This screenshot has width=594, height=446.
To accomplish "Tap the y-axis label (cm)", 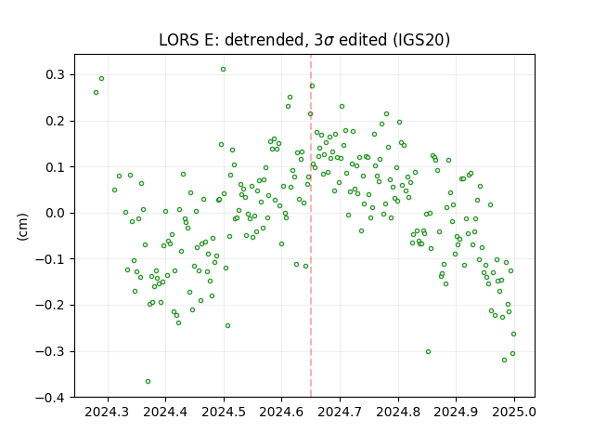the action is [x=22, y=227].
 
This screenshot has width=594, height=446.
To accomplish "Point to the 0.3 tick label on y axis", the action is [x=56, y=74].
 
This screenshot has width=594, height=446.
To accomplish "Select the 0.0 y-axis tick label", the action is [x=56, y=213].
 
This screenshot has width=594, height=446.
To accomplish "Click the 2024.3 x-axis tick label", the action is [x=107, y=412].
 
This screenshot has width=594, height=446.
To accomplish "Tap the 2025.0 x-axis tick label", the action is [x=514, y=412].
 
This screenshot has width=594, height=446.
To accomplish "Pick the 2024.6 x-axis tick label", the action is [x=281, y=412].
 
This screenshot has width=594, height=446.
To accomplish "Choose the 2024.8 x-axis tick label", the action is [x=398, y=412].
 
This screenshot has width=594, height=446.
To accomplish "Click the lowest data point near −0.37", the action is [x=148, y=382].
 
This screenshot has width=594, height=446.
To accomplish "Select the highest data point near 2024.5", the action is [x=223, y=70].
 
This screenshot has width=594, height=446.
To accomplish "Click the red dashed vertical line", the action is [x=311, y=226].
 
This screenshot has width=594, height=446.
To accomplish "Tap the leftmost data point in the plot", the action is [x=97, y=93].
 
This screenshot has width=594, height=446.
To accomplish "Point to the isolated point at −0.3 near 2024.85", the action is [x=428, y=352].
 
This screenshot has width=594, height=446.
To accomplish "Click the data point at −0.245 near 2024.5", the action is [x=227, y=326].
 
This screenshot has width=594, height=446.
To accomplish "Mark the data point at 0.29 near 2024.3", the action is [x=101, y=79].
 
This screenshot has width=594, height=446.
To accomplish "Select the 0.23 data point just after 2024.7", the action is [x=342, y=107].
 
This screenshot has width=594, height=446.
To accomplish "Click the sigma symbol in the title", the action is [x=329, y=41].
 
